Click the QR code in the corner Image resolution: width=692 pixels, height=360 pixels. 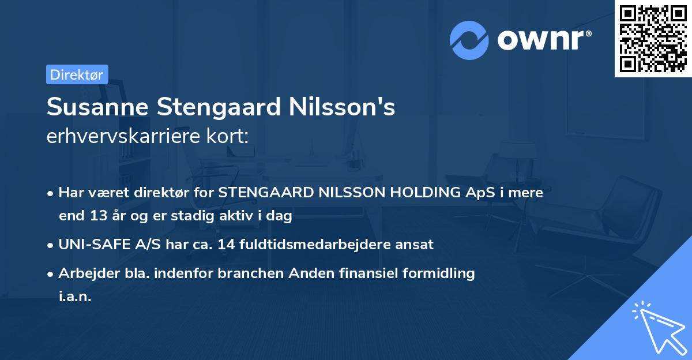[x=653, y=38]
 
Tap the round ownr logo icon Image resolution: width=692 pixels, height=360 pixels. [x=469, y=40]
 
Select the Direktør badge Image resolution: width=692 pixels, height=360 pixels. [x=77, y=74]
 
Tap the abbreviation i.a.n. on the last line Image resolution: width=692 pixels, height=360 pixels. [x=75, y=297]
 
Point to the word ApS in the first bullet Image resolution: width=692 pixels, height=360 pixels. [x=479, y=193]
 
